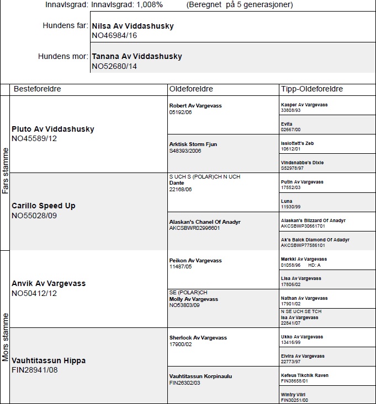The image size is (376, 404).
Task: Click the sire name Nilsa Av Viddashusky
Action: click(x=133, y=26)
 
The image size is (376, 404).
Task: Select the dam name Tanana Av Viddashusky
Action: click(x=136, y=56)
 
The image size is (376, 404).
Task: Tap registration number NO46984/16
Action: click(x=114, y=35)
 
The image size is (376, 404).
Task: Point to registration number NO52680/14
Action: click(x=114, y=66)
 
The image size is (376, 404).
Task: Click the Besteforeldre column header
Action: click(x=37, y=89)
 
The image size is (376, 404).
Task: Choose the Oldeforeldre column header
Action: click(x=191, y=89)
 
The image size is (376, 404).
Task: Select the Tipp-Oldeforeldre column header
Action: click(x=312, y=89)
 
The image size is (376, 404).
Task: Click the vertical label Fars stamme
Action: click(x=5, y=170)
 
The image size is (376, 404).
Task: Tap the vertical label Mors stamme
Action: click(x=5, y=337)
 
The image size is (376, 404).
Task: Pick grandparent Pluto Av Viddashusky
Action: click(x=53, y=129)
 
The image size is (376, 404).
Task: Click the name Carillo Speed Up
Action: click(x=44, y=206)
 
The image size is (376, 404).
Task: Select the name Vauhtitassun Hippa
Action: click(x=49, y=360)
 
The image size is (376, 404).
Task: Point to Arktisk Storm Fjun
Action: click(x=193, y=144)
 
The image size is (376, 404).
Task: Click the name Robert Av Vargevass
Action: click(x=195, y=106)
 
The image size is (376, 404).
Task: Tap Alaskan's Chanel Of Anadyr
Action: click(x=204, y=222)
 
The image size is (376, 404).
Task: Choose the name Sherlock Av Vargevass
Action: click(x=198, y=338)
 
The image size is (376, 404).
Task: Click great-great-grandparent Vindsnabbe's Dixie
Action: click(x=302, y=163)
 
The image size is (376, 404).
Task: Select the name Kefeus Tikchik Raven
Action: click(x=304, y=375)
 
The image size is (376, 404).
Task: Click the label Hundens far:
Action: click(x=65, y=26)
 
